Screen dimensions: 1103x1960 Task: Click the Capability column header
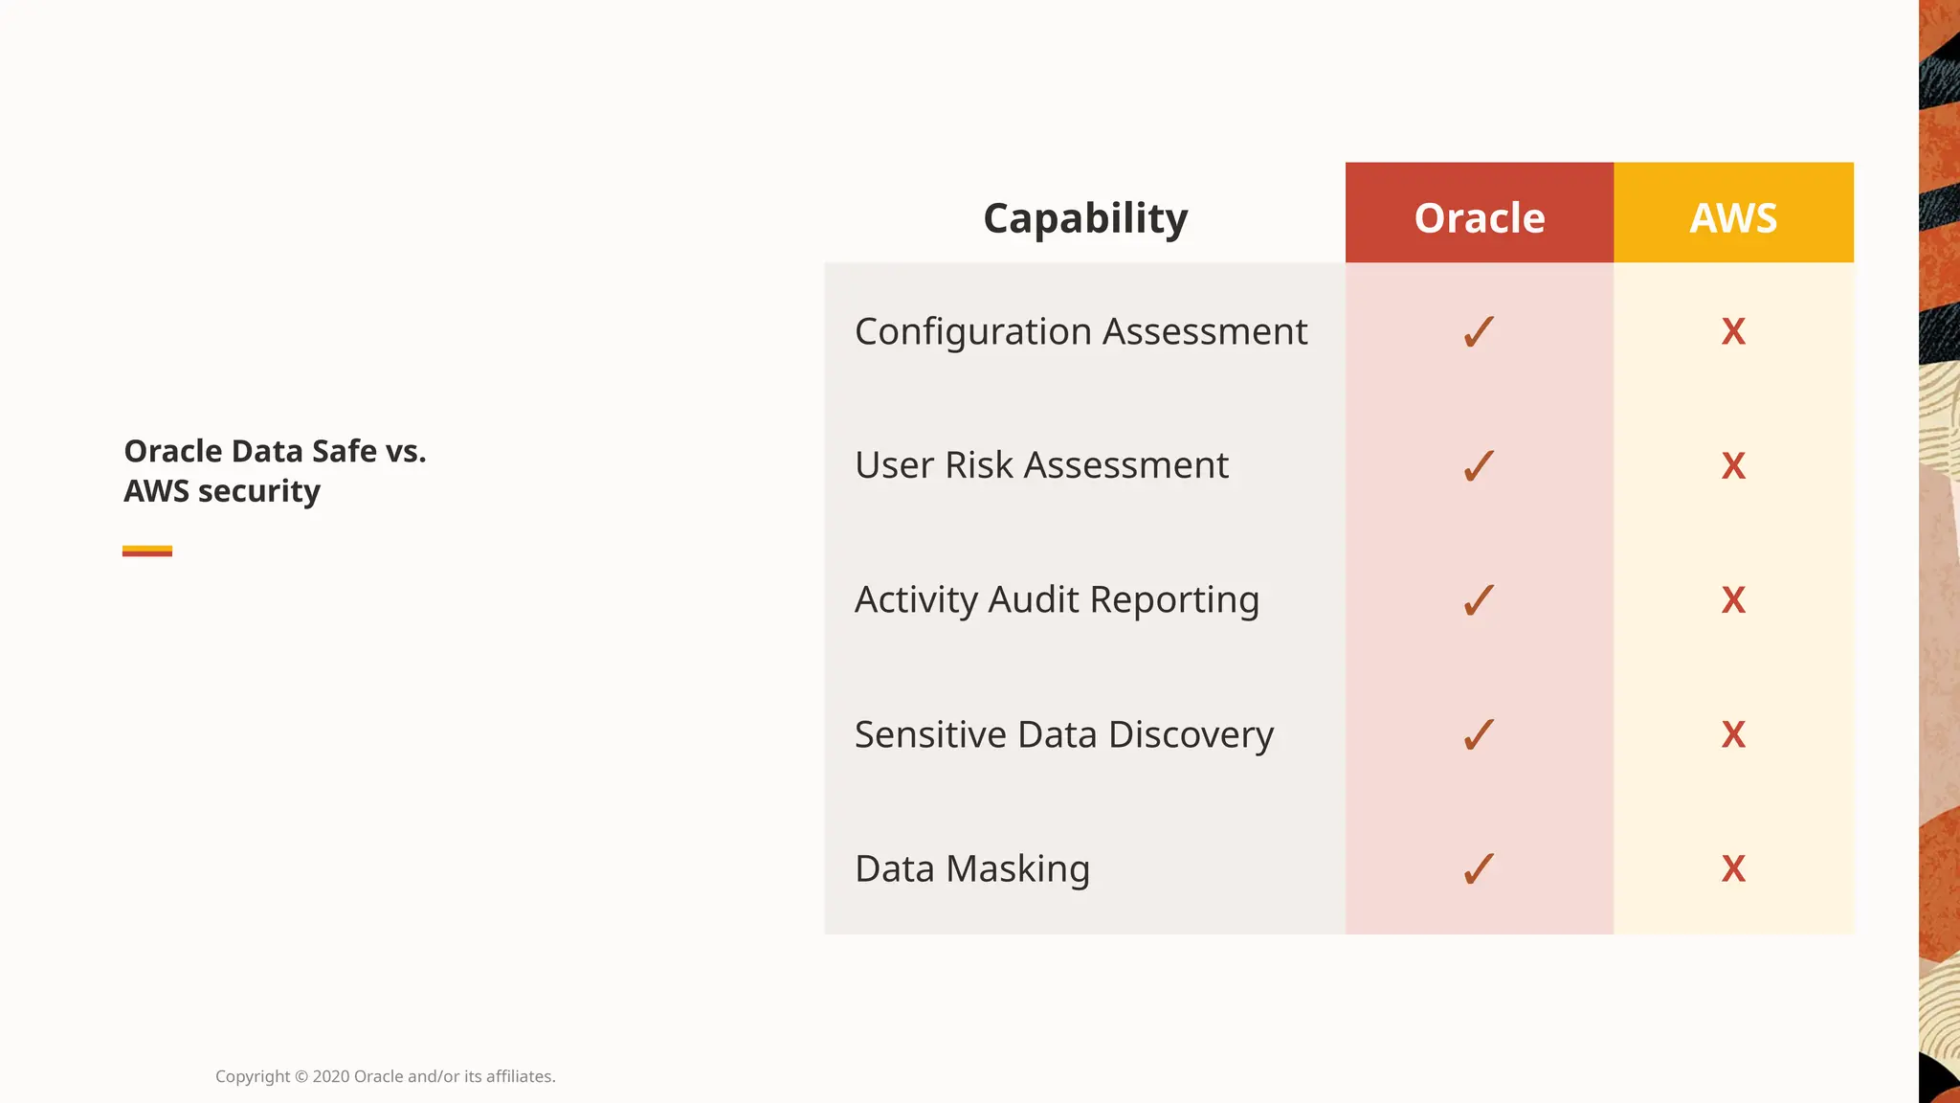(1085, 218)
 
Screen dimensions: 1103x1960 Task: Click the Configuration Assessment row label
(1080, 332)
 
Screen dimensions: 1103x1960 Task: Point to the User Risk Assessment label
(1041, 465)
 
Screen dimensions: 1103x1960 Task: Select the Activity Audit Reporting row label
(1057, 600)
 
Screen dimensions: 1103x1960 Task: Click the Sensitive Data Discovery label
(1064, 735)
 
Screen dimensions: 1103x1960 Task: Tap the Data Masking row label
(972, 869)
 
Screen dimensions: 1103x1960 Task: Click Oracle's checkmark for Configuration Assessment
(1479, 332)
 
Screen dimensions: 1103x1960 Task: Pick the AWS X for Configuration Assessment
(1733, 332)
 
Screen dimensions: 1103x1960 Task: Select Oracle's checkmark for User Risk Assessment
(1479, 466)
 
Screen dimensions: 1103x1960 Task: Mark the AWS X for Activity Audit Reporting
(1733, 600)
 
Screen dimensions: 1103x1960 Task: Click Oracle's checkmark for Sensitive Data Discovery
(1479, 735)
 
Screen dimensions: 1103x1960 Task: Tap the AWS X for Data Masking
(1733, 869)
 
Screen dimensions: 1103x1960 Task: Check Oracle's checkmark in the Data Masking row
(1479, 869)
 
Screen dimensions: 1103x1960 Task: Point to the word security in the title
(258, 491)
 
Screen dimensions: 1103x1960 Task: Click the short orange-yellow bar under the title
(147, 551)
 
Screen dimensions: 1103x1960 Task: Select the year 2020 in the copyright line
(331, 1076)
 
